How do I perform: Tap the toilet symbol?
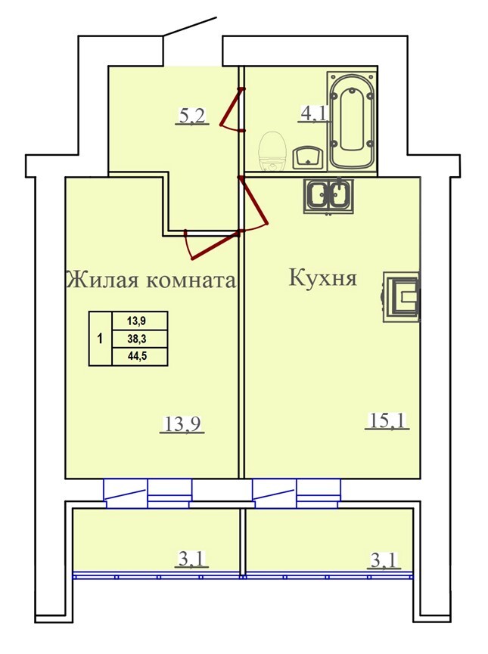[272, 151]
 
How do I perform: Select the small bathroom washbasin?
[308, 158]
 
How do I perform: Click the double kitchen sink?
[329, 195]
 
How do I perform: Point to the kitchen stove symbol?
[402, 296]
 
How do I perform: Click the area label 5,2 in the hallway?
[192, 116]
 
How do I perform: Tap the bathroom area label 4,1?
[314, 113]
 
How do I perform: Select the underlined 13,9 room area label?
[182, 424]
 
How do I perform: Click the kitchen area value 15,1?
[387, 420]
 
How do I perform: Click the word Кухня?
[323, 277]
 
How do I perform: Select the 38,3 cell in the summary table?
[140, 339]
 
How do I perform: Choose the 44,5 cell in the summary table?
[140, 357]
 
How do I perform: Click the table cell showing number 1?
[100, 339]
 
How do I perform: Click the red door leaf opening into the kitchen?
[253, 200]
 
